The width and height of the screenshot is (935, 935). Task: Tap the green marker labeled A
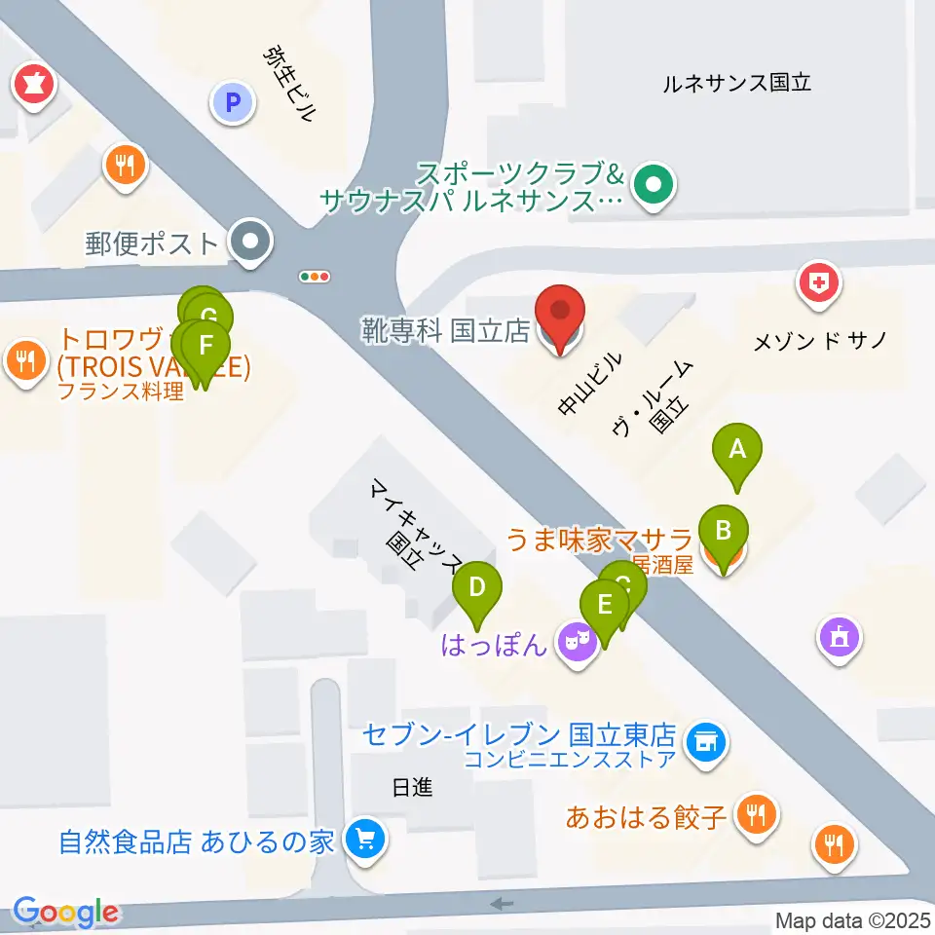(x=737, y=452)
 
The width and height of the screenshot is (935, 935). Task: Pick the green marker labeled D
(x=477, y=590)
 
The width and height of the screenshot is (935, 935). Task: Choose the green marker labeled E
(x=605, y=607)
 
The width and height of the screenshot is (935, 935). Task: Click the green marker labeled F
(x=205, y=348)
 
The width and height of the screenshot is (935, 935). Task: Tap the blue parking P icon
(x=233, y=100)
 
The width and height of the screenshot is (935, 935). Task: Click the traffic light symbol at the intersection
(x=315, y=277)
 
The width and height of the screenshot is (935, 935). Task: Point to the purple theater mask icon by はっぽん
(x=579, y=643)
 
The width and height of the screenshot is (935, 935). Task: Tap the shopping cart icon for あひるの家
(x=365, y=839)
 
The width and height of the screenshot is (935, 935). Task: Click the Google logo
(x=65, y=912)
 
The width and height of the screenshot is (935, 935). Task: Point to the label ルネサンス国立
(x=736, y=83)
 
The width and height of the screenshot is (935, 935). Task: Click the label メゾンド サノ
(x=821, y=341)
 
